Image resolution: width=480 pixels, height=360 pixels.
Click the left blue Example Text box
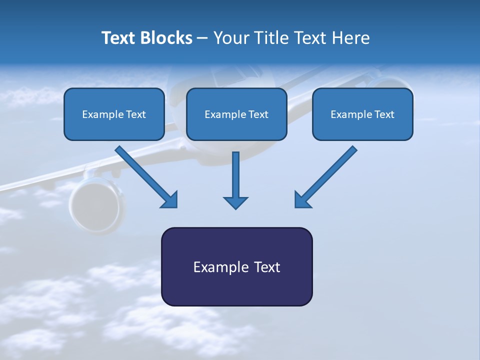coord(114,114)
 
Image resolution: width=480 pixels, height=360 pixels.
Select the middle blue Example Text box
coord(236,114)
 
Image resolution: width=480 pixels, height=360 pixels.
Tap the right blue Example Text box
coord(362,114)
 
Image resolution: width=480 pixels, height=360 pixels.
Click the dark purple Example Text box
coord(236,266)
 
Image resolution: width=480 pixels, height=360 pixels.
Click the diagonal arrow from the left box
coord(145,175)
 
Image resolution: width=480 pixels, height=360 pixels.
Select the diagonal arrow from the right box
coord(327,175)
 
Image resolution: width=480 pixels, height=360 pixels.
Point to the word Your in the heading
coord(232,38)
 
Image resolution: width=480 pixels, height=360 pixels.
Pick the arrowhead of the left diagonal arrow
coord(170,200)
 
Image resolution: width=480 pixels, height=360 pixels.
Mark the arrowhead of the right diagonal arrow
coord(302,199)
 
